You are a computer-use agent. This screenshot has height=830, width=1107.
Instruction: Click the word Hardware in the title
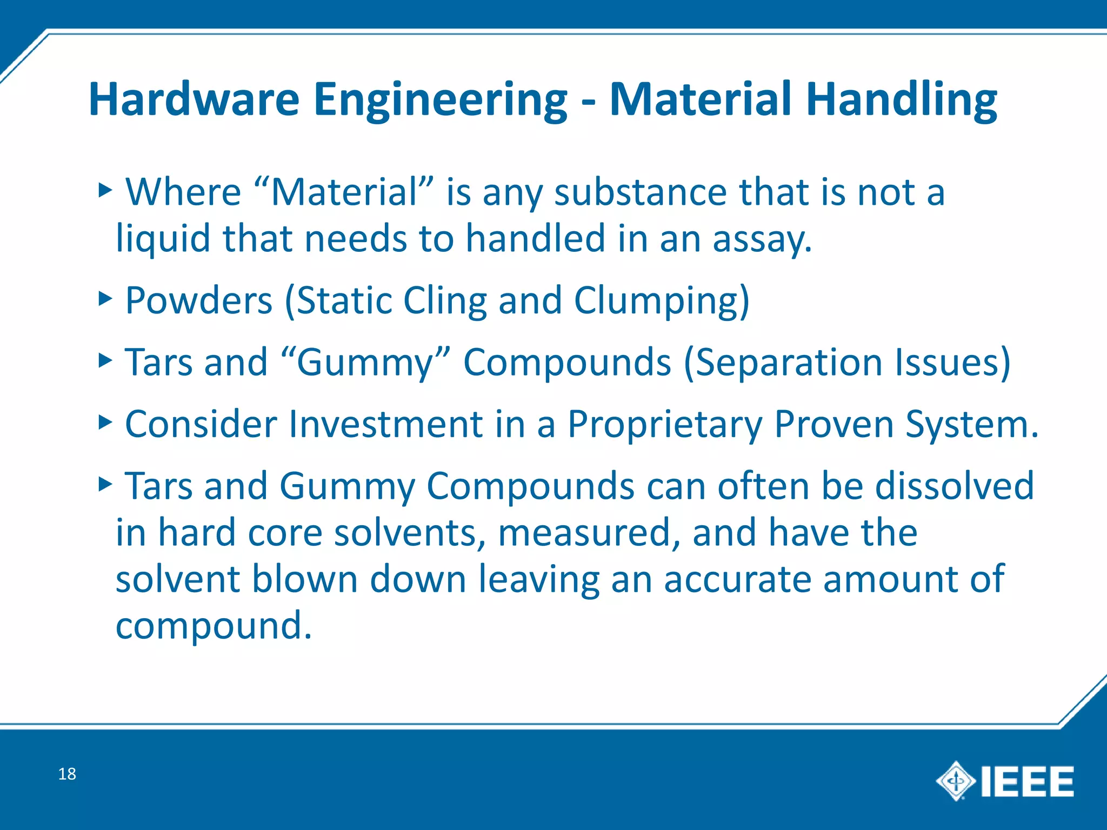click(x=194, y=99)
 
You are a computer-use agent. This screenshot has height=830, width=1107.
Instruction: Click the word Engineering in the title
click(x=440, y=101)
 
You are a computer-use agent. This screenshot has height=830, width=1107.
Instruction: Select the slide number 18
click(x=67, y=774)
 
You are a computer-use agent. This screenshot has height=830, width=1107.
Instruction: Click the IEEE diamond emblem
click(x=956, y=781)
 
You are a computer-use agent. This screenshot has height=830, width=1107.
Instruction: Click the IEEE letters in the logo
click(x=1027, y=781)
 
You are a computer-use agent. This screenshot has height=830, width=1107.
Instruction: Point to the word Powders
click(x=198, y=300)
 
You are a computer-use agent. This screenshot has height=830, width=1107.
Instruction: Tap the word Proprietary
click(x=664, y=425)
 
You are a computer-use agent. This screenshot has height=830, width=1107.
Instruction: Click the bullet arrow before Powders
click(x=105, y=298)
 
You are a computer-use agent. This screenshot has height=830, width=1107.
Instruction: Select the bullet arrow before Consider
click(x=105, y=422)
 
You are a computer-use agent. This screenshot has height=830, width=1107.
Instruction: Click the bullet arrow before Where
click(x=105, y=190)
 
